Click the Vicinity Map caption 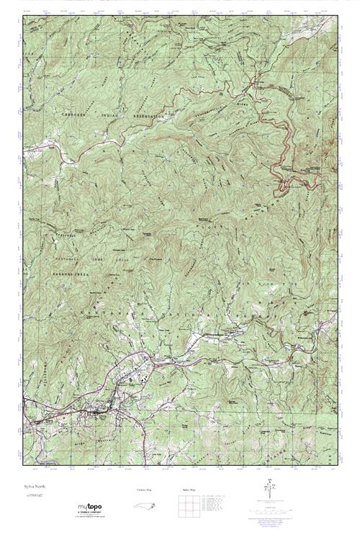point(144,489)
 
